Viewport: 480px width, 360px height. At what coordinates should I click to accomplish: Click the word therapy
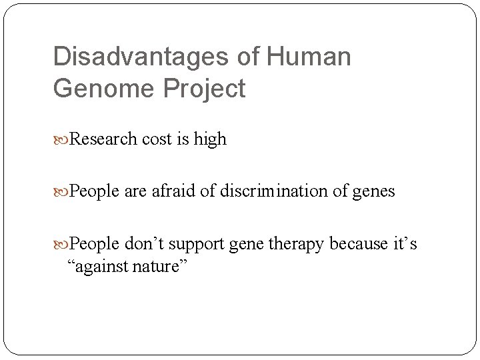pos(295,245)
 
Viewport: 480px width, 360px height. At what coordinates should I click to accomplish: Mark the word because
pos(360,245)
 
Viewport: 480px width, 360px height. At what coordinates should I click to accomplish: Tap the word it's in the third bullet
pos(404,245)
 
